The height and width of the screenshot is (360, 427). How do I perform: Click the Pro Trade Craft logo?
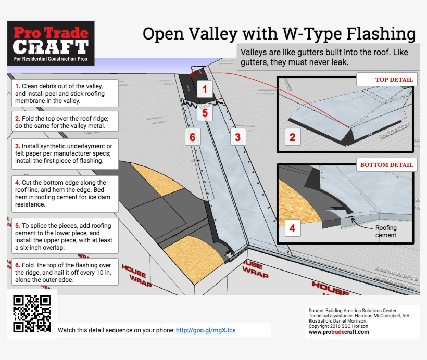point(51,43)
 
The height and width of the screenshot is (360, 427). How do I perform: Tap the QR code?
point(32,314)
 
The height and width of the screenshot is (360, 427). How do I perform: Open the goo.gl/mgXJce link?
point(205,330)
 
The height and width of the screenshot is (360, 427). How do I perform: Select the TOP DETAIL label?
point(386,80)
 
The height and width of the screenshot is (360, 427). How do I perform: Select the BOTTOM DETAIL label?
point(386,165)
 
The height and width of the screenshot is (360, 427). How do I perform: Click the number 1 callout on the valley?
point(205,89)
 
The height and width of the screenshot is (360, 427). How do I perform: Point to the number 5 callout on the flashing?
point(205,112)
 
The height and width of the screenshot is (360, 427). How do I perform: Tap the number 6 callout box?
point(193,137)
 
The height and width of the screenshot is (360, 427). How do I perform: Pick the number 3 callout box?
point(237,137)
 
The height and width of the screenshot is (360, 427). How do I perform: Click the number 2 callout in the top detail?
point(292,137)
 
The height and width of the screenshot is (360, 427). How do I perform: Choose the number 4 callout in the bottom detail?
point(292,228)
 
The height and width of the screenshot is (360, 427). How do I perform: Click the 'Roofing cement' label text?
point(386,231)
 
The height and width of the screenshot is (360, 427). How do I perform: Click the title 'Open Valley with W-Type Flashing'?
point(279,34)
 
